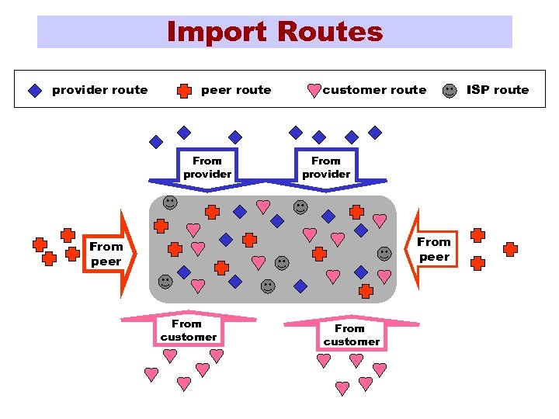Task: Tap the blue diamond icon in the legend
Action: tap(35, 90)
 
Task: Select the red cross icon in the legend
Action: tap(184, 90)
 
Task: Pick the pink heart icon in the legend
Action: tap(314, 91)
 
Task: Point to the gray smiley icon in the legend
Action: tap(450, 90)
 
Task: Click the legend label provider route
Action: tap(99, 90)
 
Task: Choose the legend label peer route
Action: tap(236, 90)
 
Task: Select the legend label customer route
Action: tap(374, 90)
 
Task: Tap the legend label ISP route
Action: tap(497, 90)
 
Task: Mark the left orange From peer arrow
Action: tap(107, 254)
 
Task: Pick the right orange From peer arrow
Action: tap(433, 249)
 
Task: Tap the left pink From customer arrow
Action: tap(188, 329)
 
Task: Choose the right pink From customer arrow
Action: tap(352, 334)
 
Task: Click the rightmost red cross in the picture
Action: tap(510, 249)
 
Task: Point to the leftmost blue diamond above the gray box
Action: tap(156, 142)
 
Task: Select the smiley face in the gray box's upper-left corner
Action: tap(169, 203)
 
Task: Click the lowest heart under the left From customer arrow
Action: tap(184, 383)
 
